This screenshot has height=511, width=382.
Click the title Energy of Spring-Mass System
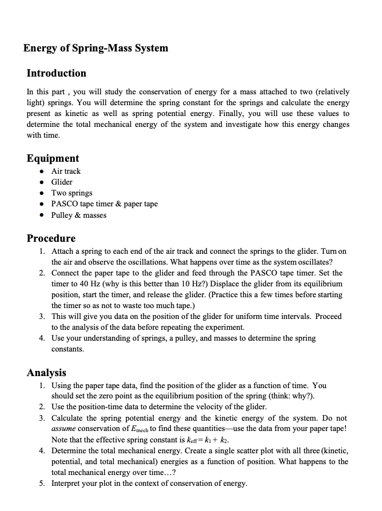point(95,48)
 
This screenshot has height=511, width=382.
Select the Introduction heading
point(57,73)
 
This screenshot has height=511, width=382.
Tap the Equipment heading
point(53,158)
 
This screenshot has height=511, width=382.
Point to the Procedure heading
point(51,238)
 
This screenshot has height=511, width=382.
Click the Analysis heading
point(46,373)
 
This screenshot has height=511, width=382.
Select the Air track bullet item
point(66,171)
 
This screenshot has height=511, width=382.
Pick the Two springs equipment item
point(71,193)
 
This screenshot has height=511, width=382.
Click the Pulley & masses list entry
point(79,215)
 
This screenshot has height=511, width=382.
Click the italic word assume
point(63,429)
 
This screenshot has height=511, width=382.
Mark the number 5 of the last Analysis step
point(42,484)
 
